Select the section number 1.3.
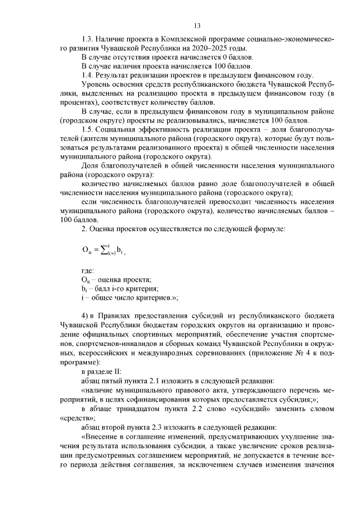coord(88,40)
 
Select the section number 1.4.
coord(88,74)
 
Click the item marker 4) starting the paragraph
coord(86,316)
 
